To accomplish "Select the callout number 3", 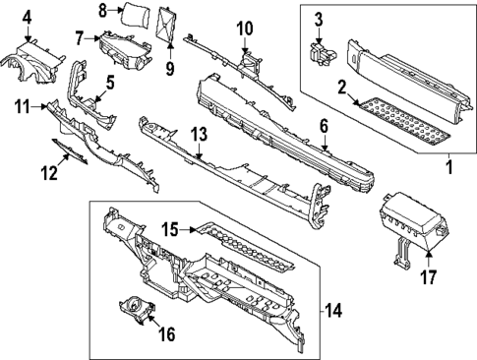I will [x=319, y=20].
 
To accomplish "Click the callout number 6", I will [x=324, y=125].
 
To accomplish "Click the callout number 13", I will [x=199, y=133].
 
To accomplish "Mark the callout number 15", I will [x=169, y=230].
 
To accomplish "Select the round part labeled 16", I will [x=132, y=312].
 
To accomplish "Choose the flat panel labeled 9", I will [x=168, y=26].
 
